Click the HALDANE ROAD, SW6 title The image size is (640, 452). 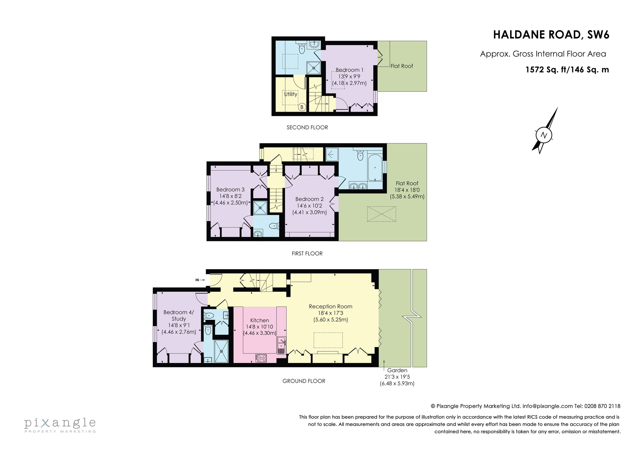551,35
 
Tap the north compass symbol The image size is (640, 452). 544,135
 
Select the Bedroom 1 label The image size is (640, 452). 349,70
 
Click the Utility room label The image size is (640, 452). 290,94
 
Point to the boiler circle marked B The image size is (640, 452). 302,107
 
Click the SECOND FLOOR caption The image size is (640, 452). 307,128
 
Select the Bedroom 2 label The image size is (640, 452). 309,199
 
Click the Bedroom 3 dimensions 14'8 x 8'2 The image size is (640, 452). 230,196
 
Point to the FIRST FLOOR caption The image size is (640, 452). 307,253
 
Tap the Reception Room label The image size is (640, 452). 330,306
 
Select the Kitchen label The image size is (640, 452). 259,320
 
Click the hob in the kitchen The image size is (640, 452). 261,358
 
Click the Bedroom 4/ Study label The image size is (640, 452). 179,316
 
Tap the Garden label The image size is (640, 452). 397,370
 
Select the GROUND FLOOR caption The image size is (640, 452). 304,381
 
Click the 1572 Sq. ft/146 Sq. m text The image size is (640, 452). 567,69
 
